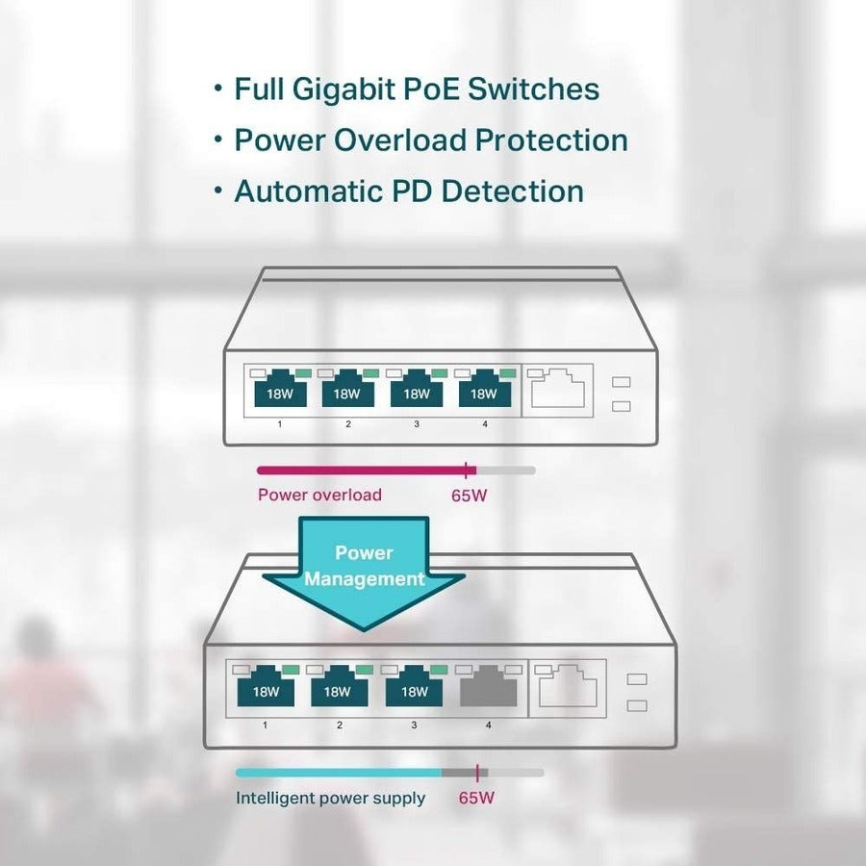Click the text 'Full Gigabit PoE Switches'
416,89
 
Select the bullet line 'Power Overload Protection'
430,140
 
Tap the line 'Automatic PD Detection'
408,191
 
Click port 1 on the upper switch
280,391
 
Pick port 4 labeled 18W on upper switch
484,391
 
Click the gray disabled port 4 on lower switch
488,688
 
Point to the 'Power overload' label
319,496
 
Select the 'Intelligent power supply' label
330,798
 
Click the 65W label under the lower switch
478,798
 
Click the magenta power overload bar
361,470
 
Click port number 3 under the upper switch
417,424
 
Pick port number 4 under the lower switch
488,725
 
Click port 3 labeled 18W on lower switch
414,688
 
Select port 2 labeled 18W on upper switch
347,391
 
